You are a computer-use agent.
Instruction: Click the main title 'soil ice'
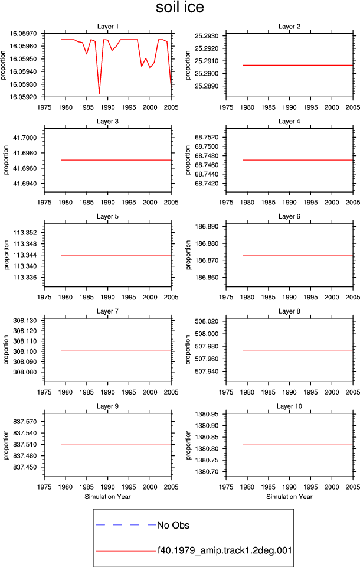(179, 8)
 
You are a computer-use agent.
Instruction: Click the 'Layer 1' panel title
(108, 27)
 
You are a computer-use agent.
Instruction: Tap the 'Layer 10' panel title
(289, 406)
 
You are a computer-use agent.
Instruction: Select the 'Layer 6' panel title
(289, 216)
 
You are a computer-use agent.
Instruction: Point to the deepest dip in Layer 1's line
(99, 94)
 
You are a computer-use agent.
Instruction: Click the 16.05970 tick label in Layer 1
(23, 34)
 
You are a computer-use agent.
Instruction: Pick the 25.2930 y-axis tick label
(207, 36)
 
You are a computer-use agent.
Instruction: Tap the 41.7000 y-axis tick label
(25, 138)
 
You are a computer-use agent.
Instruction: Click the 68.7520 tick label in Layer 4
(207, 138)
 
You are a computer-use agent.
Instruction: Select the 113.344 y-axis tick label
(25, 255)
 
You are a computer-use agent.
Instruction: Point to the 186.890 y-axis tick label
(207, 226)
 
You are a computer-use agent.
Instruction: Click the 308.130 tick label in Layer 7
(25, 320)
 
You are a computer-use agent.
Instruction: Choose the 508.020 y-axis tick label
(207, 321)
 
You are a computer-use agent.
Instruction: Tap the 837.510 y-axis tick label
(25, 444)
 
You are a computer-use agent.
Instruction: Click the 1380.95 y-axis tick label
(207, 414)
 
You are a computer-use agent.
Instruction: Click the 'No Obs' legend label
(173, 525)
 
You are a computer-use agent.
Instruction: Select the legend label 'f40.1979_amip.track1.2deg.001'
(224, 550)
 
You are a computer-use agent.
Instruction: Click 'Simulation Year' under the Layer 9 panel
(108, 497)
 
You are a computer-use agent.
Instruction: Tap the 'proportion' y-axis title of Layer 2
(188, 65)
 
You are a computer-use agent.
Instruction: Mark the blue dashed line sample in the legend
(126, 524)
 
